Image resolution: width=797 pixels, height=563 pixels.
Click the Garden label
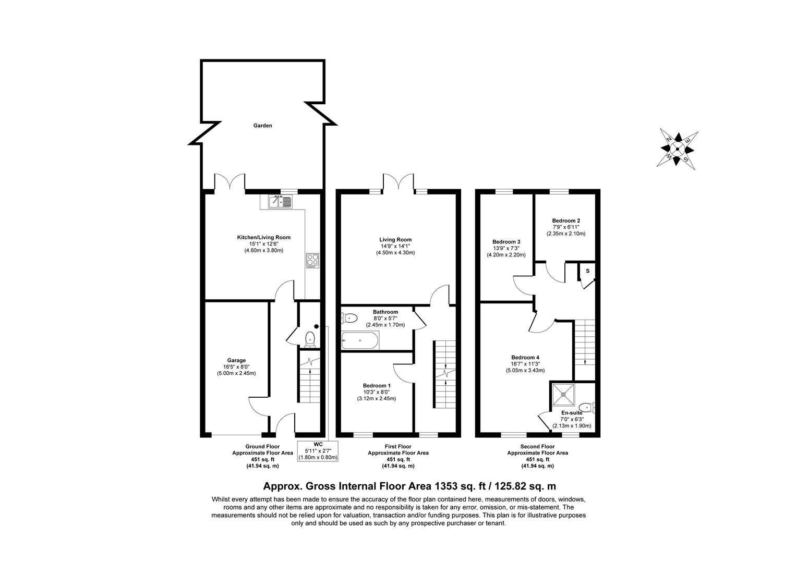262,126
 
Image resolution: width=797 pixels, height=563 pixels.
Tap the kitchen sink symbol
281,202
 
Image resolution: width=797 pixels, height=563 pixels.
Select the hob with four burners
312,261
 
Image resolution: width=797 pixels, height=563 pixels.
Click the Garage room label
236,360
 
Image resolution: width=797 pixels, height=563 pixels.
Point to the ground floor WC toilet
310,339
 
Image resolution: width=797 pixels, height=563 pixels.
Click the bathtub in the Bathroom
360,340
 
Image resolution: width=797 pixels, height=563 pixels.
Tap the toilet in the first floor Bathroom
349,318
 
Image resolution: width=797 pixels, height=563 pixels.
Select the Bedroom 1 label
377,386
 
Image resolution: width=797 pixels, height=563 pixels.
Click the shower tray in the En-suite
563,395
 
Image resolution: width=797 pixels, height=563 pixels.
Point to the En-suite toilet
587,407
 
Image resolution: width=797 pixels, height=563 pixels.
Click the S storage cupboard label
588,271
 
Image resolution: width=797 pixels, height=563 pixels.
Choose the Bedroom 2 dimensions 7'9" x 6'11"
566,227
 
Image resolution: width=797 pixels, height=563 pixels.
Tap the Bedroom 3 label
506,242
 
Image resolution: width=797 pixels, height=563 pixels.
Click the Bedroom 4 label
526,358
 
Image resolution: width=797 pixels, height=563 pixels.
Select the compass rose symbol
677,149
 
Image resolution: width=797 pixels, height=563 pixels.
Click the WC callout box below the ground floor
318,451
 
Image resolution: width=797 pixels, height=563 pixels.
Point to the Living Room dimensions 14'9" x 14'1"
395,246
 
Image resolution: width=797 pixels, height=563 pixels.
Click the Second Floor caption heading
538,446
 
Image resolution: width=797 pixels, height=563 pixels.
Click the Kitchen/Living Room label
264,237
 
